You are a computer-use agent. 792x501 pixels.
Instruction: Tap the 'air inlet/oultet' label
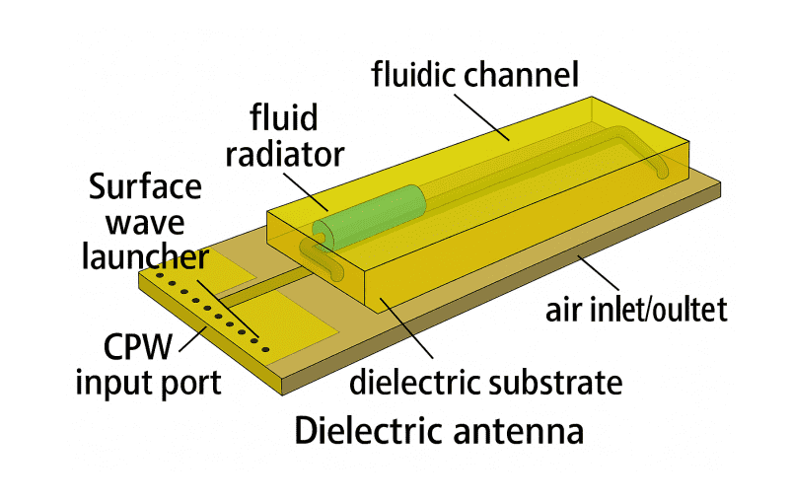click(636, 311)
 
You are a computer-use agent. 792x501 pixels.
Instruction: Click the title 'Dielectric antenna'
click(439, 431)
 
